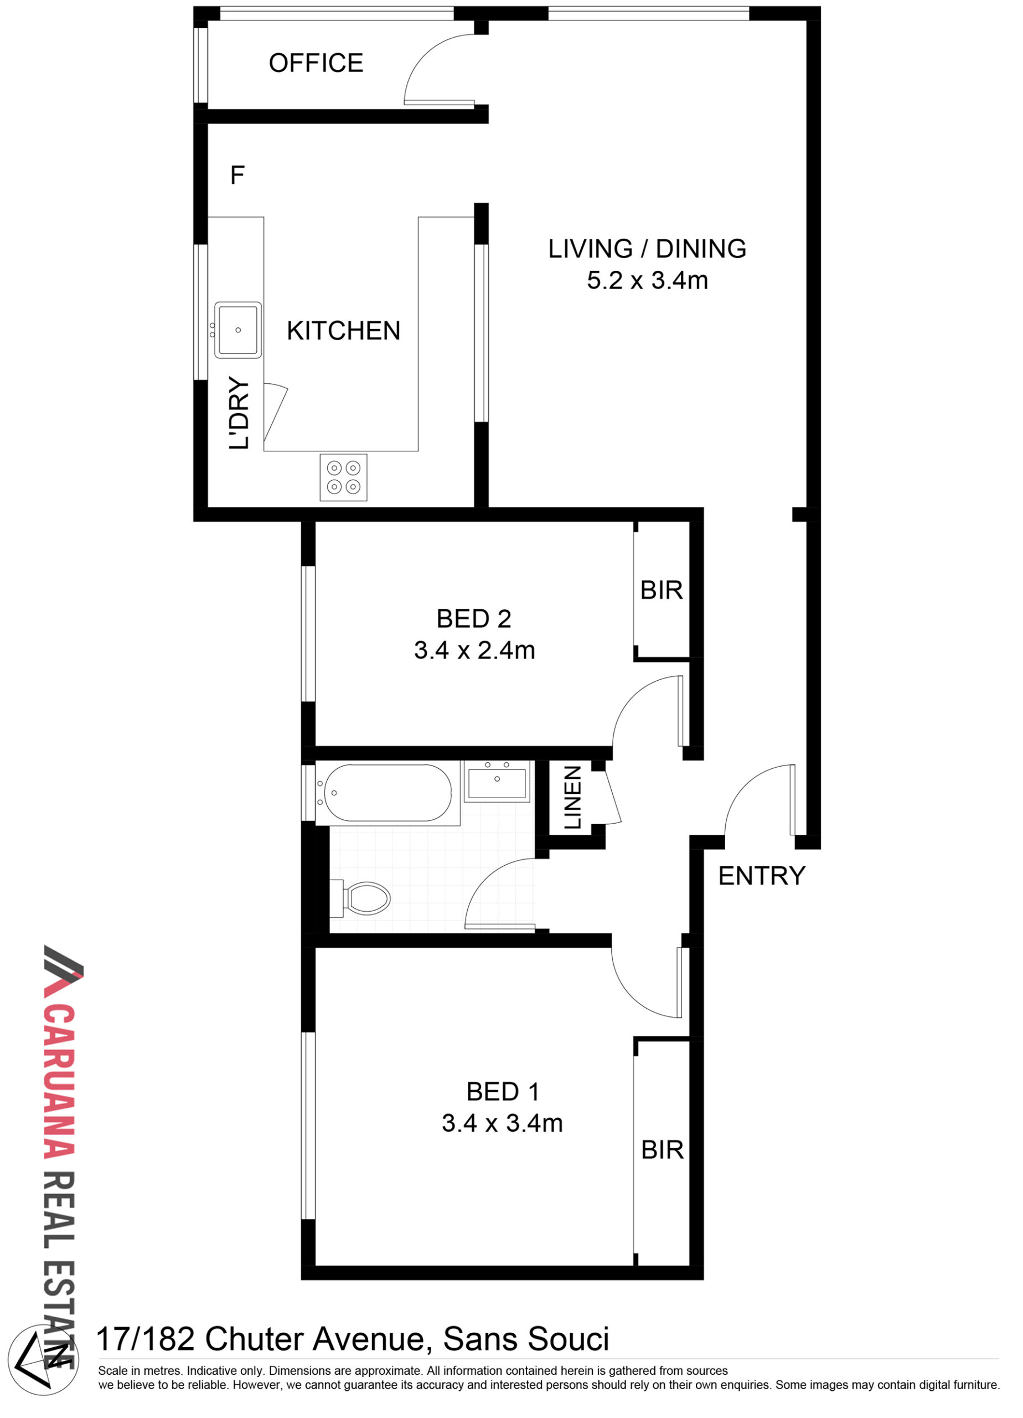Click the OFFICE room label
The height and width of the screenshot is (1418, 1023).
pos(316,63)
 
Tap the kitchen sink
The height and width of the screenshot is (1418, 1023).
pos(237,330)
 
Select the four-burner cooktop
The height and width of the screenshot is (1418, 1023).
pos(343,477)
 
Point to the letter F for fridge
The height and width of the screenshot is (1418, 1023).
pos(237,175)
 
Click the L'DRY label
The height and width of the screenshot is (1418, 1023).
pos(239,413)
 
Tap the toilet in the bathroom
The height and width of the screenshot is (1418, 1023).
pos(360,898)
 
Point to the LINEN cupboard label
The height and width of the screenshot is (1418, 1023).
pos(572,798)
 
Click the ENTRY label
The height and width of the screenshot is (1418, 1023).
pos(761,876)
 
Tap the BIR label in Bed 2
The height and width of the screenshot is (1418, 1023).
pos(661,590)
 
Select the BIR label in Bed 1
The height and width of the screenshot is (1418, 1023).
pos(663,1150)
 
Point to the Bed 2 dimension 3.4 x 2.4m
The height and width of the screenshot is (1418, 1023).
pos(474,650)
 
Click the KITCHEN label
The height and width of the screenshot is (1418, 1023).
pos(343,331)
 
